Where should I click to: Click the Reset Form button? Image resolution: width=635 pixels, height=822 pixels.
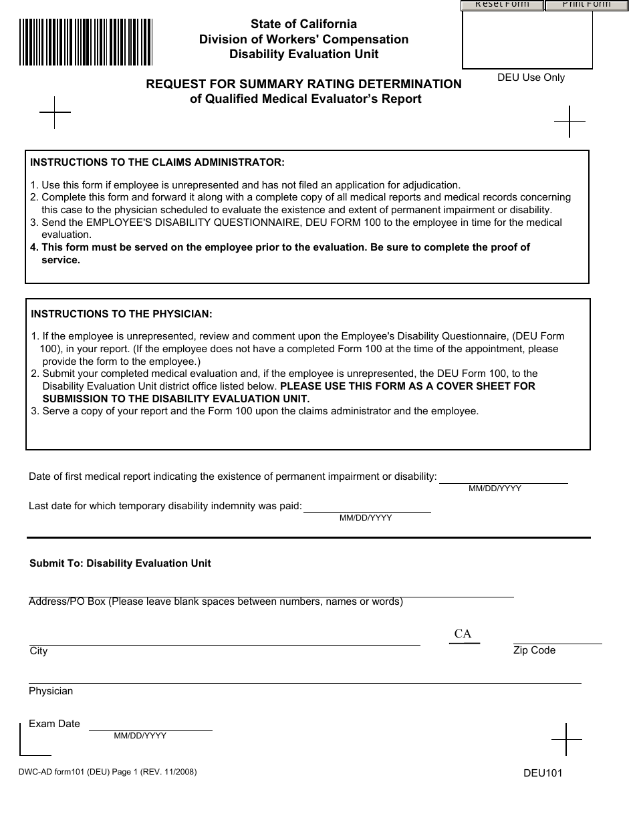pyautogui.click(x=502, y=5)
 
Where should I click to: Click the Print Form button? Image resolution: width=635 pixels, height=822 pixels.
pyautogui.click(x=586, y=5)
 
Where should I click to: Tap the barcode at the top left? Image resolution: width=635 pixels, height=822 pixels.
pyautogui.click(x=86, y=42)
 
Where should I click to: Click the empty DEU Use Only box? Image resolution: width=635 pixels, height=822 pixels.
pyautogui.click(x=527, y=40)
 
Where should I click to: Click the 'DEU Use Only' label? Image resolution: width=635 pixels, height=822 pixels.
pyautogui.click(x=531, y=78)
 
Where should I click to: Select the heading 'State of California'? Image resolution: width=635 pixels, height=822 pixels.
pyautogui.click(x=303, y=24)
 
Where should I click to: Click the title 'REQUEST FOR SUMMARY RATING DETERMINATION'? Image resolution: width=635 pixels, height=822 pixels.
pyautogui.click(x=304, y=84)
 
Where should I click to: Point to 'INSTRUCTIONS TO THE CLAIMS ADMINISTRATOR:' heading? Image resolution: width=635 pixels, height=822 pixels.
pyautogui.click(x=158, y=162)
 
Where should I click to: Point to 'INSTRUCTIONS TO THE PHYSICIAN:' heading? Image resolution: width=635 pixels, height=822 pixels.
pyautogui.click(x=122, y=313)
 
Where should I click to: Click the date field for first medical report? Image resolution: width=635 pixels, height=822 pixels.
pyautogui.click(x=503, y=476)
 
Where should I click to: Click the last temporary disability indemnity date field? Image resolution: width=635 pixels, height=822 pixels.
pyautogui.click(x=367, y=506)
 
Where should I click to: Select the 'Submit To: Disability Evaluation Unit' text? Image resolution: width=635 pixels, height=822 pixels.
pyautogui.click(x=120, y=563)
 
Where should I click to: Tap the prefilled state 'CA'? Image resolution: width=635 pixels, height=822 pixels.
pyautogui.click(x=463, y=634)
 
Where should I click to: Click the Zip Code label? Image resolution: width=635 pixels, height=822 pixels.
pyautogui.click(x=534, y=650)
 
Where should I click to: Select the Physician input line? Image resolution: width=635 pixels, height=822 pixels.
pyautogui.click(x=305, y=676)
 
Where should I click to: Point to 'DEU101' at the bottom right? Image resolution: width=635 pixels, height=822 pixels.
pyautogui.click(x=543, y=773)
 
